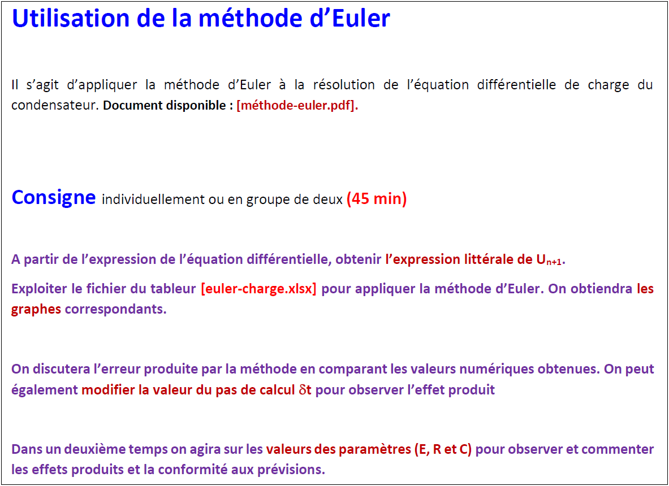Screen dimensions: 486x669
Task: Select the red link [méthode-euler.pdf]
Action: coord(297,106)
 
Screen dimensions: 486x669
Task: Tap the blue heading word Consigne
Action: coord(54,197)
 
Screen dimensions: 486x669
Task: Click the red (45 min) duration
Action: coord(377,199)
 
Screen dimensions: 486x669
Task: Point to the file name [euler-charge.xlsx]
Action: coord(258,289)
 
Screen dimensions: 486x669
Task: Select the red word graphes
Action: coord(36,310)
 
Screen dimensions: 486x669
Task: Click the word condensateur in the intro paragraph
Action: coord(54,106)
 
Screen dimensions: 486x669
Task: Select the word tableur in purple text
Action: coord(168,289)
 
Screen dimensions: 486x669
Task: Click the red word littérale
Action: coord(489,259)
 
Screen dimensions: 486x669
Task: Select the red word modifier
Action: coord(109,390)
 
